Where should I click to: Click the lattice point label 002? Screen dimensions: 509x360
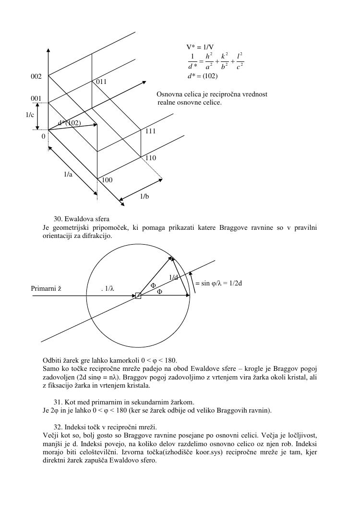[36, 77]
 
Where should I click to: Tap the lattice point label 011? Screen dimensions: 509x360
[101, 82]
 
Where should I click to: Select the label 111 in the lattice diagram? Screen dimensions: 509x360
[151, 131]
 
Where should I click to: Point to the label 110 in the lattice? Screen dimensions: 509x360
[151, 158]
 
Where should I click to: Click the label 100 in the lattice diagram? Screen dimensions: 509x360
[107, 180]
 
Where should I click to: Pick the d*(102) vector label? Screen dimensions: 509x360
[69, 123]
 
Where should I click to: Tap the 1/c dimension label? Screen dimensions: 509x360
[30, 115]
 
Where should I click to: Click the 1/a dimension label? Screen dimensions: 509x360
[68, 175]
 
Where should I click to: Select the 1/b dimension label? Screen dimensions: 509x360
[144, 196]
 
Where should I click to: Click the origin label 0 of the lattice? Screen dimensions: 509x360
[43, 137]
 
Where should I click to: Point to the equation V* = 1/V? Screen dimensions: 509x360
[200, 47]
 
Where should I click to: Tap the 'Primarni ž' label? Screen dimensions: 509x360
[46, 288]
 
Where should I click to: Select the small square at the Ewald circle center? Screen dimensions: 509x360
[138, 296]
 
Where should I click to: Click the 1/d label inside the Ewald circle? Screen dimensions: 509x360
[173, 277]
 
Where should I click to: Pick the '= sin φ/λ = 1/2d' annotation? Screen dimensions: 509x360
[218, 283]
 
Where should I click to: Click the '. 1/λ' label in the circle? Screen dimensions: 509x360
[108, 288]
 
